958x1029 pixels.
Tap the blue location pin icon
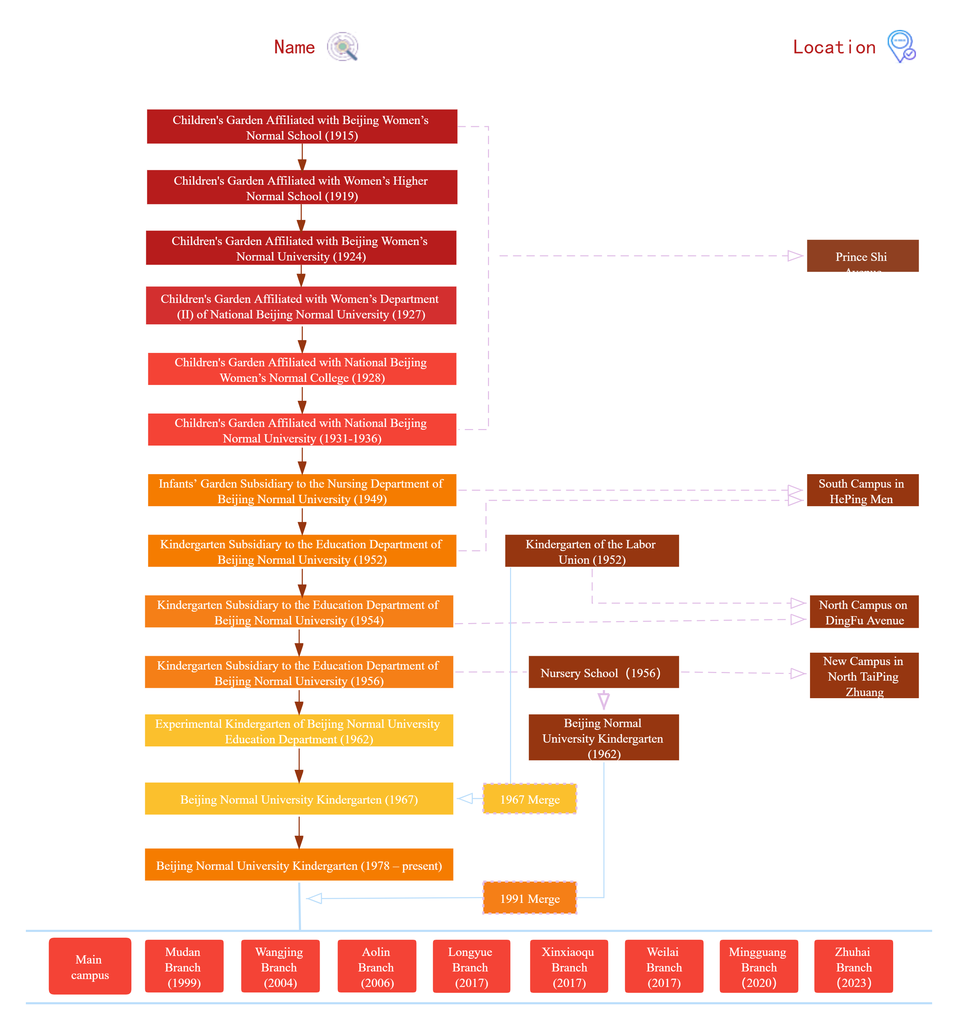901,46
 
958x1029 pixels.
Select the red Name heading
294,48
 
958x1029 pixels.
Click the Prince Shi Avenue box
862,256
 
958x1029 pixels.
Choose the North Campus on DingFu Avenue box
864,612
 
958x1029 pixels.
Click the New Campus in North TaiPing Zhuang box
864,675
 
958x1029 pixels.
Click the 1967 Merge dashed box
530,799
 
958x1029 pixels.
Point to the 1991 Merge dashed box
530,898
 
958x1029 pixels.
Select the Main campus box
90,966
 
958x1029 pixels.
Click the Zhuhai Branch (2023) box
854,966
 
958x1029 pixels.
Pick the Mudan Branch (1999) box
184,966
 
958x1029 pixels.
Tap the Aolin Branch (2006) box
377,966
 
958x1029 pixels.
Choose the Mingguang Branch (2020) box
759,966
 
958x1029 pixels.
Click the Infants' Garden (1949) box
302,491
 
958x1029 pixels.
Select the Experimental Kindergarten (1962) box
299,731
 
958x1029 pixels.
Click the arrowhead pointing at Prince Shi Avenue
795,256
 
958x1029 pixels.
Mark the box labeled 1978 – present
299,865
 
